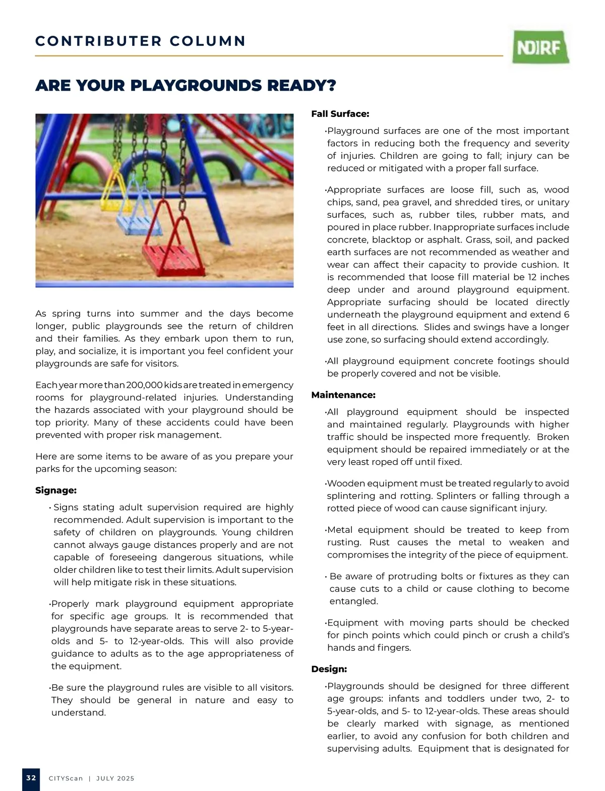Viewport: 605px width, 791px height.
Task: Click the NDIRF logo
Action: [541, 47]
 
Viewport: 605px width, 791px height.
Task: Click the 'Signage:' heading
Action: [56, 491]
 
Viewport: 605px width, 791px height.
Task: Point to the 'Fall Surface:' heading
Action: [340, 114]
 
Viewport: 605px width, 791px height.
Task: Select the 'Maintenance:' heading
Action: [343, 395]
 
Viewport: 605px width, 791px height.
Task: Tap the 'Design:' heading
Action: [329, 670]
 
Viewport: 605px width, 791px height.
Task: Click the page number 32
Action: [31, 778]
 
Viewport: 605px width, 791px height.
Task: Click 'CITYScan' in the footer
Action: [66, 778]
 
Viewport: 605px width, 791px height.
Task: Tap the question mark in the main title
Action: [331, 86]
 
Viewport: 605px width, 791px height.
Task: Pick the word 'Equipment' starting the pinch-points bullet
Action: [352, 623]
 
